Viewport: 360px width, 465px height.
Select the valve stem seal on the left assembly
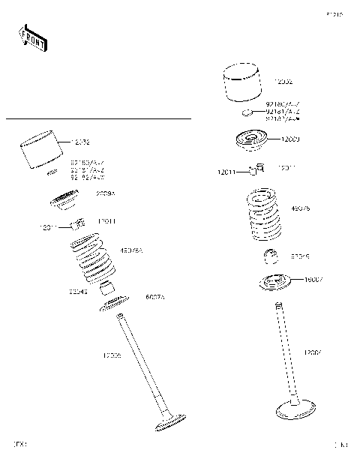[108, 288]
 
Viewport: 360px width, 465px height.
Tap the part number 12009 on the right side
[290, 139]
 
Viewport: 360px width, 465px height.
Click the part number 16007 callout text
[313, 280]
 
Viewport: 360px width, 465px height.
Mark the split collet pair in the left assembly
[76, 223]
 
